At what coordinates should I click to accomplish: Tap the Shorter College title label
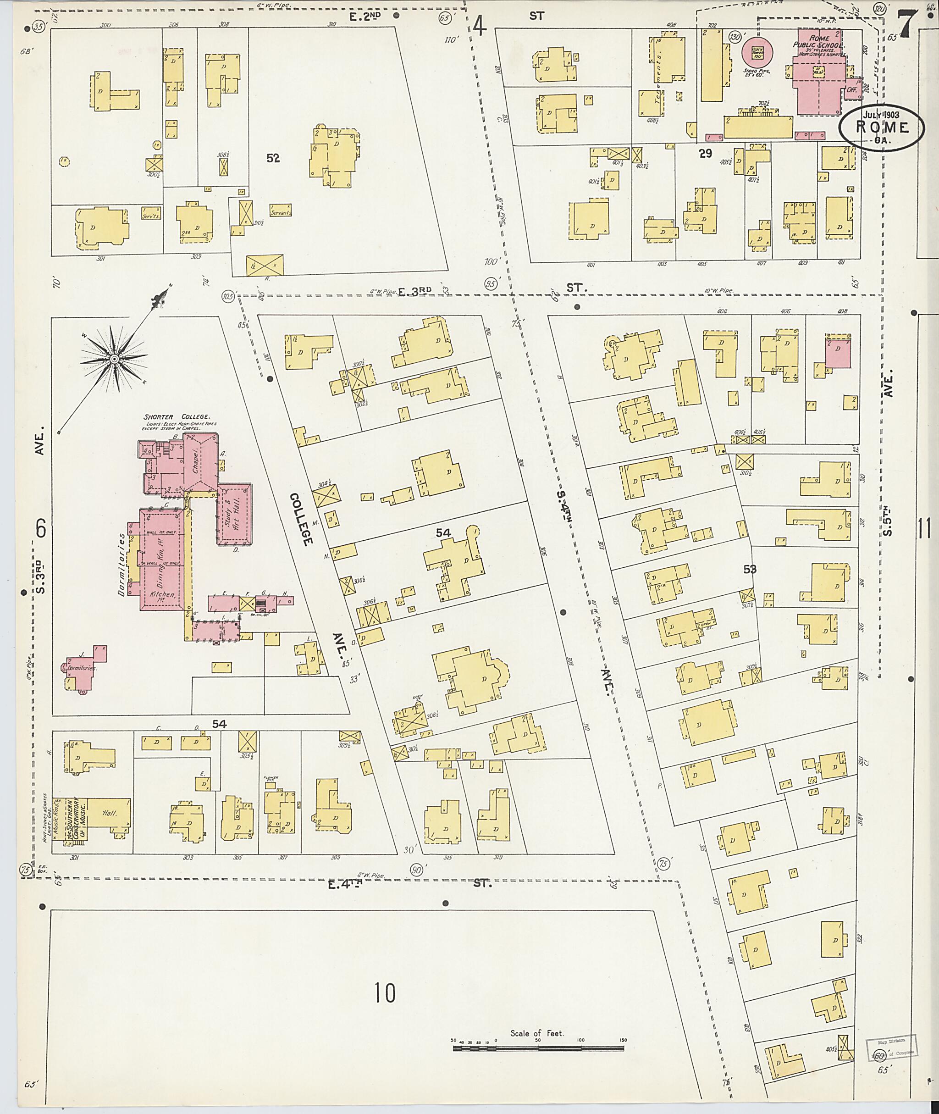pos(176,417)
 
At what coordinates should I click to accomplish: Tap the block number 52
pos(273,158)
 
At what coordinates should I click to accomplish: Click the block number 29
pos(705,154)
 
